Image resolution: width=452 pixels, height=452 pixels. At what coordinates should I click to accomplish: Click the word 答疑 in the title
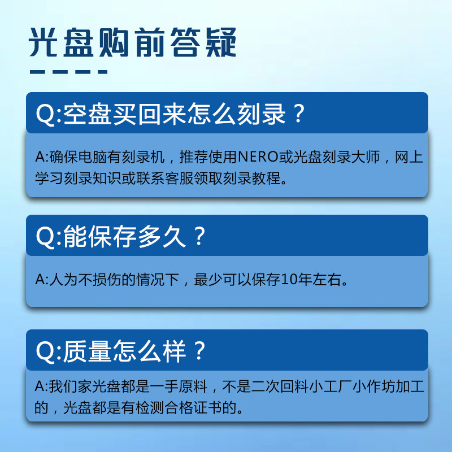point(204,42)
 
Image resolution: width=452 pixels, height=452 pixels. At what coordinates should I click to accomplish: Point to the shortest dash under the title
point(103,72)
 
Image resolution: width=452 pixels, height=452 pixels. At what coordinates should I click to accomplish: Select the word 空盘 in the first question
point(88,114)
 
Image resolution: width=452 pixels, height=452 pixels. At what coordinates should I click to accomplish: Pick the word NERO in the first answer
point(259,157)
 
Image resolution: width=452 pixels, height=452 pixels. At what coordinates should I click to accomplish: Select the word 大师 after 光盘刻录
point(366,157)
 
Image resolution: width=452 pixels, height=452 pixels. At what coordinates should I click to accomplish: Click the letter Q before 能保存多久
point(45,237)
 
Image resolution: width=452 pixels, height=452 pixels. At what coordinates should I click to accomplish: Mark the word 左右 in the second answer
point(327,279)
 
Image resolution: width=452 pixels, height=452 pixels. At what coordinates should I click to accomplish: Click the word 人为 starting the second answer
point(64,279)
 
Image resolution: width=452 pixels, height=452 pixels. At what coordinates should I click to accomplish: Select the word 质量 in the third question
point(88,351)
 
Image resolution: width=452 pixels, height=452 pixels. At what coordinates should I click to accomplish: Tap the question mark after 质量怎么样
point(199,351)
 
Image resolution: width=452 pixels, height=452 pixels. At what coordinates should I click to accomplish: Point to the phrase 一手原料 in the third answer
point(179,386)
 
